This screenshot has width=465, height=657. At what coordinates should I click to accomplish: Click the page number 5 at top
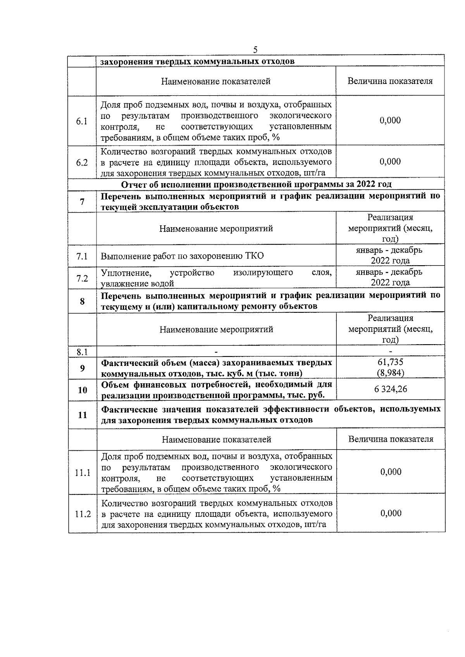[255, 50]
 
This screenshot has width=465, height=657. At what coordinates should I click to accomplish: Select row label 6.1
[82, 121]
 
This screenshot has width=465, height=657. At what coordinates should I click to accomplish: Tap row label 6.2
[82, 163]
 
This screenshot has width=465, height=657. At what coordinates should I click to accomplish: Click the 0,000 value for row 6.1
[390, 120]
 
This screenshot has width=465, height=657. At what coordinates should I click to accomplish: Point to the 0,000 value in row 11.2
[391, 513]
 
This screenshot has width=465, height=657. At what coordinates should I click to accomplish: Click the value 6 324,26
[391, 389]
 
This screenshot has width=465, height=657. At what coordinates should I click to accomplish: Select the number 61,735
[391, 362]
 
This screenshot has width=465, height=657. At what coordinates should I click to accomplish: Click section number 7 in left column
[82, 202]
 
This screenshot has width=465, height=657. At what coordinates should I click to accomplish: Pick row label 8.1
[82, 352]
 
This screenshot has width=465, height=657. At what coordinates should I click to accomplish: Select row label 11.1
[83, 473]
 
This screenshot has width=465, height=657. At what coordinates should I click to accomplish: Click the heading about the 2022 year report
[256, 184]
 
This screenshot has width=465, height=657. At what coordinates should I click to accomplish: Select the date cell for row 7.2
[390, 277]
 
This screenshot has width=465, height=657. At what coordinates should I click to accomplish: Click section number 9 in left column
[82, 368]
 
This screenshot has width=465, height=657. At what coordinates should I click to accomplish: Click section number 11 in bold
[82, 415]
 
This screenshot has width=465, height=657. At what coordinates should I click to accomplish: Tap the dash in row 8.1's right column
[391, 352]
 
